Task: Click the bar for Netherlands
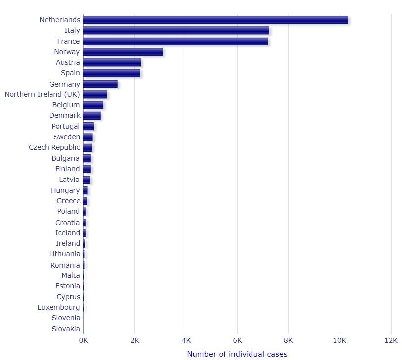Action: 215,20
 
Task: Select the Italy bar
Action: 176,31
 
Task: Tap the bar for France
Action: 175,42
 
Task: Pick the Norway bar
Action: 123,52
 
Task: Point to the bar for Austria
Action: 112,62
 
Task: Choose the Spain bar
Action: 111,73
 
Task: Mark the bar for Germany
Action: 100,84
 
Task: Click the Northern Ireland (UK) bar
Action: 95,94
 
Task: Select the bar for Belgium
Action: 93,105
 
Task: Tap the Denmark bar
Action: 92,115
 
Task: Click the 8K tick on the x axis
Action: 288,341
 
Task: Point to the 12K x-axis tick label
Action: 391,341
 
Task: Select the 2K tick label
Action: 134,341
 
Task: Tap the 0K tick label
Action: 83,341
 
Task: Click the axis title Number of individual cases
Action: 237,354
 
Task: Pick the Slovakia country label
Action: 65,329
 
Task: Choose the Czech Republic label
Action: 54,147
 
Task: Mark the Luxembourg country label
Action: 58,307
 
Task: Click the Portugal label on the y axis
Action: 65,126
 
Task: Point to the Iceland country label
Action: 67,233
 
